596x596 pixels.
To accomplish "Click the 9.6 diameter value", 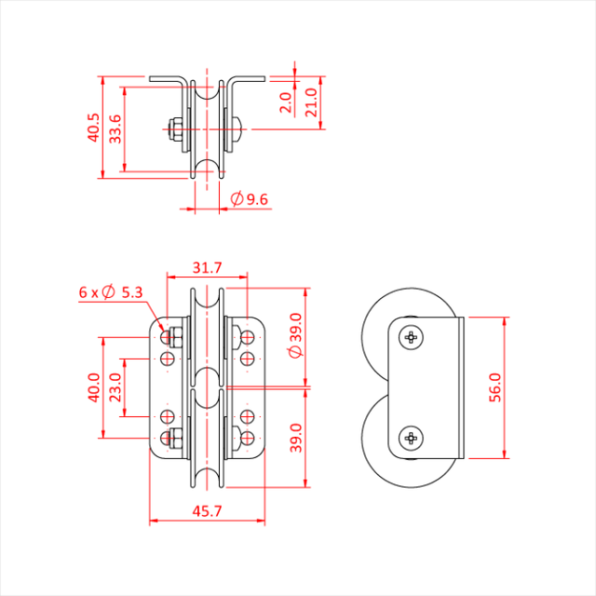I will pyautogui.click(x=258, y=199).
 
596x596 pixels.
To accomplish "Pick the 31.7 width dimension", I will pyautogui.click(x=206, y=268).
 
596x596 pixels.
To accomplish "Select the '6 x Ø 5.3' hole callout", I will pyautogui.click(x=111, y=292).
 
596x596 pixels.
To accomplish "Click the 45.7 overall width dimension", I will pyautogui.click(x=206, y=512).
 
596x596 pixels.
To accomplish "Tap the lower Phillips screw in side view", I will pyautogui.click(x=411, y=438).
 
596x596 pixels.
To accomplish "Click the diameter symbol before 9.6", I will pyautogui.click(x=236, y=199).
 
